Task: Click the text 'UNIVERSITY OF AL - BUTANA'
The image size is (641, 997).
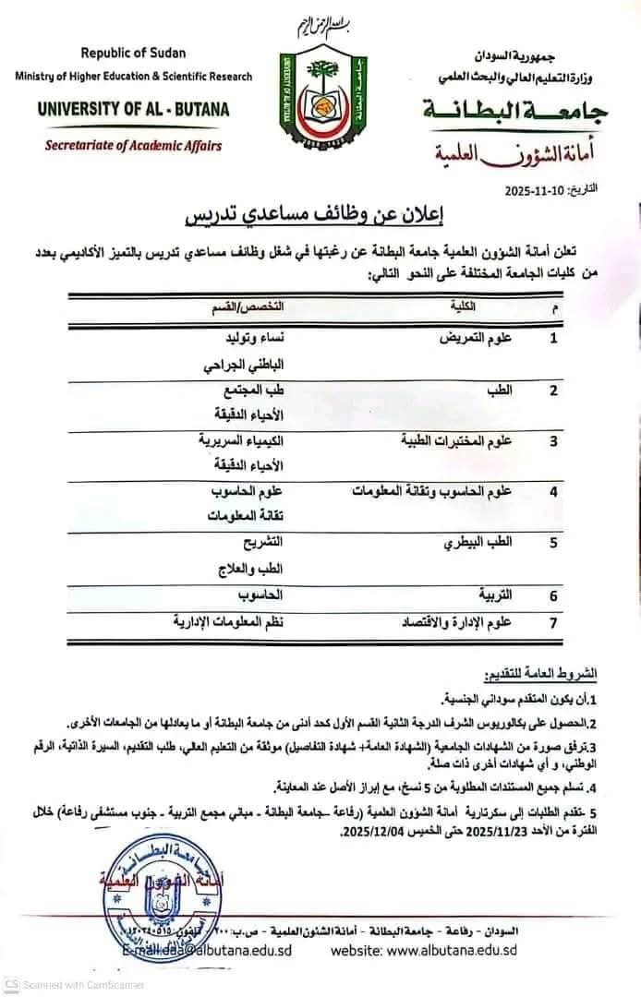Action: click(134, 109)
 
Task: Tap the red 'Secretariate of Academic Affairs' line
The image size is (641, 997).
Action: click(135, 144)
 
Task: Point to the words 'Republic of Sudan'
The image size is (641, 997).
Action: click(132, 54)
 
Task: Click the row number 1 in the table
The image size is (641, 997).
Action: click(553, 339)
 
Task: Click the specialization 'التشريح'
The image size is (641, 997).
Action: click(260, 542)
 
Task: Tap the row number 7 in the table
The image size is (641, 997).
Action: click(553, 622)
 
